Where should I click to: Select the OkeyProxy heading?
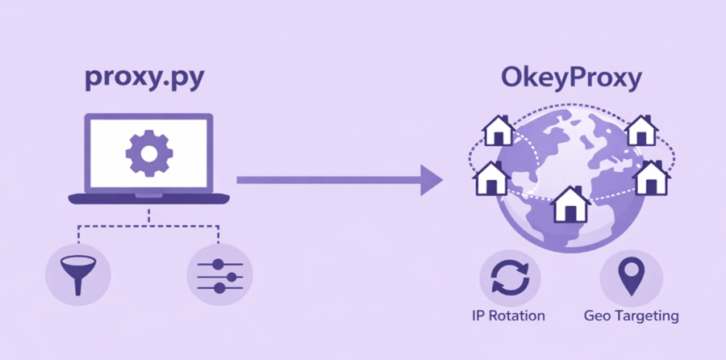(x=571, y=79)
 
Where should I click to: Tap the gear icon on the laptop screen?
(x=148, y=153)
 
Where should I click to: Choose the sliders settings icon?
(x=219, y=274)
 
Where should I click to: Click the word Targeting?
(x=645, y=315)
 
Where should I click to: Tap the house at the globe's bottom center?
(x=570, y=205)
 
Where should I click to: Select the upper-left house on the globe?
(x=499, y=132)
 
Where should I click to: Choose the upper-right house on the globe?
(x=641, y=132)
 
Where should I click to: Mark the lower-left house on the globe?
(x=490, y=178)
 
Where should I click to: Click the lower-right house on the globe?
(x=652, y=178)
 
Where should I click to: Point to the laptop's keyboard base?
(x=148, y=198)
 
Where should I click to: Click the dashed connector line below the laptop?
(x=148, y=225)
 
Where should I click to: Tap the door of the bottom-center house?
(x=570, y=213)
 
